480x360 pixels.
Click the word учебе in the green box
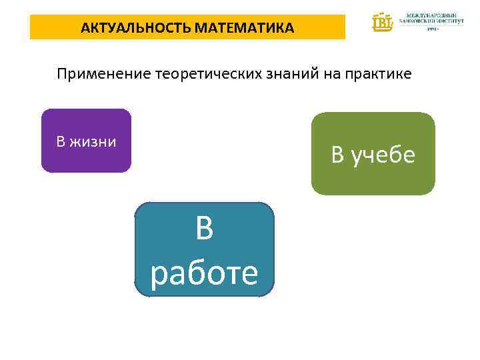[385, 155]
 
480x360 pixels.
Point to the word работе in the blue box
[204, 273]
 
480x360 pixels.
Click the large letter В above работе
[205, 229]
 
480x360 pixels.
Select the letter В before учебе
[338, 155]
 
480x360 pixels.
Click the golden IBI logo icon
[383, 22]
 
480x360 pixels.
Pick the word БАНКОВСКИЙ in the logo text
[418, 21]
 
